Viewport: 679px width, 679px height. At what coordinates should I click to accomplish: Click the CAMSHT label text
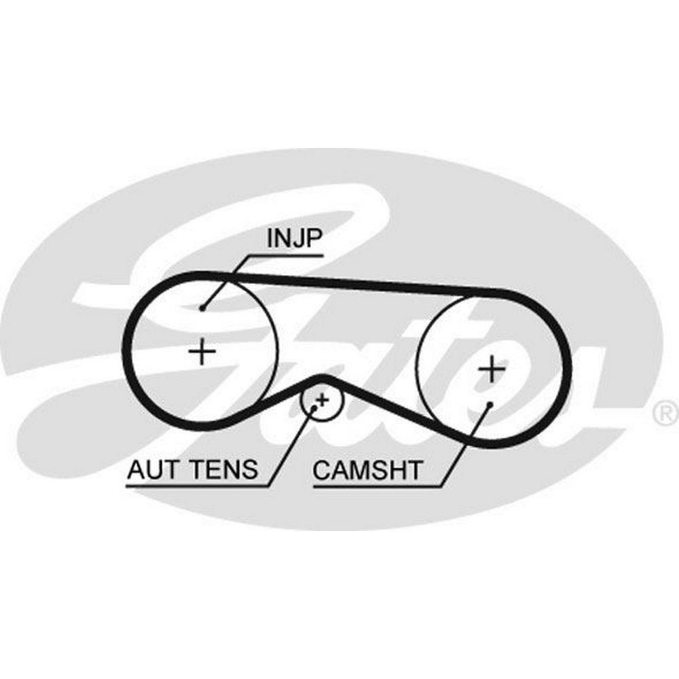tap(367, 471)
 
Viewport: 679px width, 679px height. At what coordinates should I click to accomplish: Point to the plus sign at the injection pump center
tap(202, 351)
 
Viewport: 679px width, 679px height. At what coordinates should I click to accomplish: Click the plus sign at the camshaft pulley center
tap(492, 369)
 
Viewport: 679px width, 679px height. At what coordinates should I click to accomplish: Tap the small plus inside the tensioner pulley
tap(323, 399)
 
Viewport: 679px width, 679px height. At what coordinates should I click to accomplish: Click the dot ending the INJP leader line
tap(202, 308)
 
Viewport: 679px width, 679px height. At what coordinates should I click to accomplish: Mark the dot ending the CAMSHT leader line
tap(490, 404)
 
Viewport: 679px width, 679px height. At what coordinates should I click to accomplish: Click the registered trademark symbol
tap(665, 412)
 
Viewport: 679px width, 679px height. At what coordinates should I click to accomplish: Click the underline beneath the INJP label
tap(287, 255)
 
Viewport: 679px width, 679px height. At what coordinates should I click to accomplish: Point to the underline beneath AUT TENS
tap(197, 487)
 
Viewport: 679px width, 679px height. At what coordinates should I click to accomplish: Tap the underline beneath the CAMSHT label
tap(377, 486)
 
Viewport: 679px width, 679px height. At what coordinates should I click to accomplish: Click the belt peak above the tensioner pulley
tap(321, 378)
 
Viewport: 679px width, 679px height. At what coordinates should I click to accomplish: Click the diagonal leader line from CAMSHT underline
tap(466, 445)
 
